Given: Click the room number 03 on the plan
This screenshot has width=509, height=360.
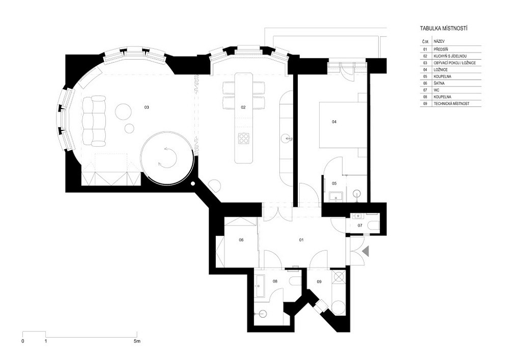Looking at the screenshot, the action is tap(147, 107).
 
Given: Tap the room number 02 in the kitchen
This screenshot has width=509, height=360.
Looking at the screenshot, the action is tap(243, 107).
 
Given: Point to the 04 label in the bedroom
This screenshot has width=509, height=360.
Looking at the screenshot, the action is tap(334, 122).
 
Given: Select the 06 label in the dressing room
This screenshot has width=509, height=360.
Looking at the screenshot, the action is tap(241, 240).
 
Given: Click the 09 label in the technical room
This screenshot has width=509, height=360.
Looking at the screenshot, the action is tap(319, 282).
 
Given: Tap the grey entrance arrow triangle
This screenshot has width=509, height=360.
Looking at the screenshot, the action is tap(366, 251).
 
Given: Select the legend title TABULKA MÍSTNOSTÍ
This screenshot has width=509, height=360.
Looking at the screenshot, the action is tap(444, 29).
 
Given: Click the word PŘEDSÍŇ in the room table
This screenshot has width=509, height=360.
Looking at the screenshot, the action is tap(442, 49).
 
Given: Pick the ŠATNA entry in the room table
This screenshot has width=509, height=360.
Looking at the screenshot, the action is tap(439, 84).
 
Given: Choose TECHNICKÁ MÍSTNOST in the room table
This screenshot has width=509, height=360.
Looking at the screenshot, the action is tap(451, 104).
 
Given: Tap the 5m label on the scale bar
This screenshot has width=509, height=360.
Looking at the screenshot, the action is tap(137, 341).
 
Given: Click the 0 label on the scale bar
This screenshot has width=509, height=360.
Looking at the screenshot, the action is tap(23, 341).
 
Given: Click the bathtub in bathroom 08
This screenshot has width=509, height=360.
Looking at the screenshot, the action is tap(260, 286).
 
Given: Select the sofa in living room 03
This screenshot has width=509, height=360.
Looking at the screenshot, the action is tap(94, 120).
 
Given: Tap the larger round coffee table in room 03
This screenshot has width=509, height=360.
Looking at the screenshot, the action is tap(123, 112).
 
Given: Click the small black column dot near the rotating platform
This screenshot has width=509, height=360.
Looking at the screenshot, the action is tap(193, 184).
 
